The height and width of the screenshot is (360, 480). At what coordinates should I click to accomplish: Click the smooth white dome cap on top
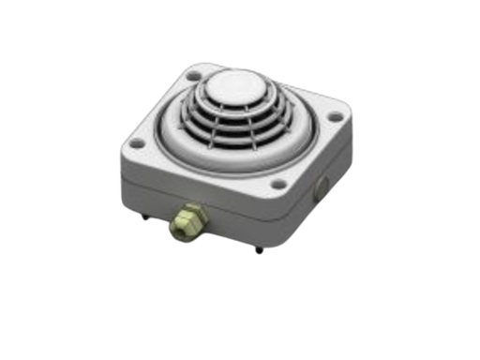(230, 85)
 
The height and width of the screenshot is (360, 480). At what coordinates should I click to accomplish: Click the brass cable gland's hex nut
(187, 217)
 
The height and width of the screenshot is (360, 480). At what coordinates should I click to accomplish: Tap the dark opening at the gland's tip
(173, 227)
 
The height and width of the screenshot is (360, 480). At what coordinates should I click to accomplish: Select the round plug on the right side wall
(322, 185)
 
